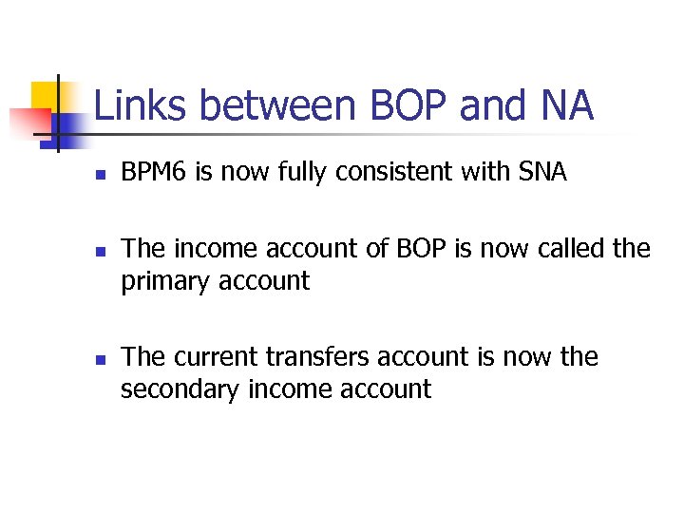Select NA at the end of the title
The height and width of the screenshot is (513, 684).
pyautogui.click(x=566, y=105)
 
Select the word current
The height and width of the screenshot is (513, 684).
pyautogui.click(x=214, y=357)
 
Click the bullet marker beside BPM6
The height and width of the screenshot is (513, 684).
pyautogui.click(x=100, y=175)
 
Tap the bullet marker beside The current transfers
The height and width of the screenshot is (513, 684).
pyautogui.click(x=100, y=360)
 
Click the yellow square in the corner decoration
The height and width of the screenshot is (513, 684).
pyautogui.click(x=43, y=95)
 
